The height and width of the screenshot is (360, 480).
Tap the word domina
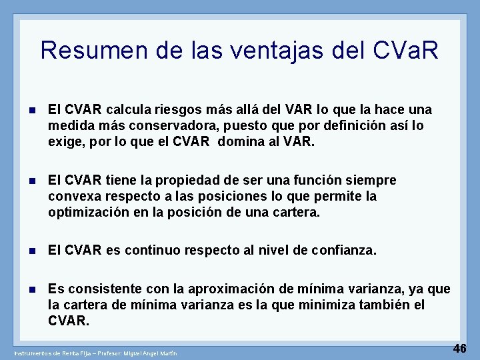coord(251,141)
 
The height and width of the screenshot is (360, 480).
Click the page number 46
coord(460,348)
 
